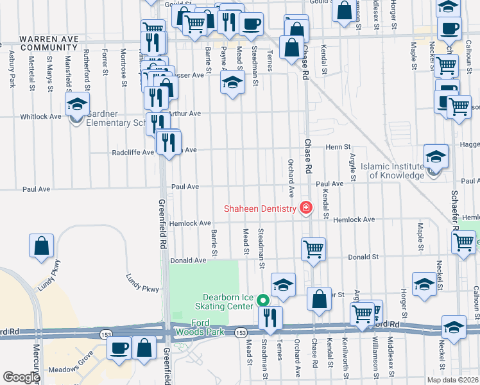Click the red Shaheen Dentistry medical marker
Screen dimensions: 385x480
(x=305, y=208)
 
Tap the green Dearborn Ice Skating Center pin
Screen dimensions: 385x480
(x=262, y=300)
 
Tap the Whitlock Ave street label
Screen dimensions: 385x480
(x=40, y=117)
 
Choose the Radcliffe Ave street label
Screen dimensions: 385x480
(x=133, y=153)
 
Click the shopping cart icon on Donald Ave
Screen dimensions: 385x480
(x=313, y=247)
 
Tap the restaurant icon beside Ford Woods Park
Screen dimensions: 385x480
(x=270, y=316)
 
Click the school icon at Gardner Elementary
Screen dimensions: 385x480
(x=76, y=105)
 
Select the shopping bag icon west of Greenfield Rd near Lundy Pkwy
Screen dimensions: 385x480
(x=42, y=244)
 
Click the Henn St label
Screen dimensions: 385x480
(x=337, y=148)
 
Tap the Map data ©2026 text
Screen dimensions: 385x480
(x=452, y=380)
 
